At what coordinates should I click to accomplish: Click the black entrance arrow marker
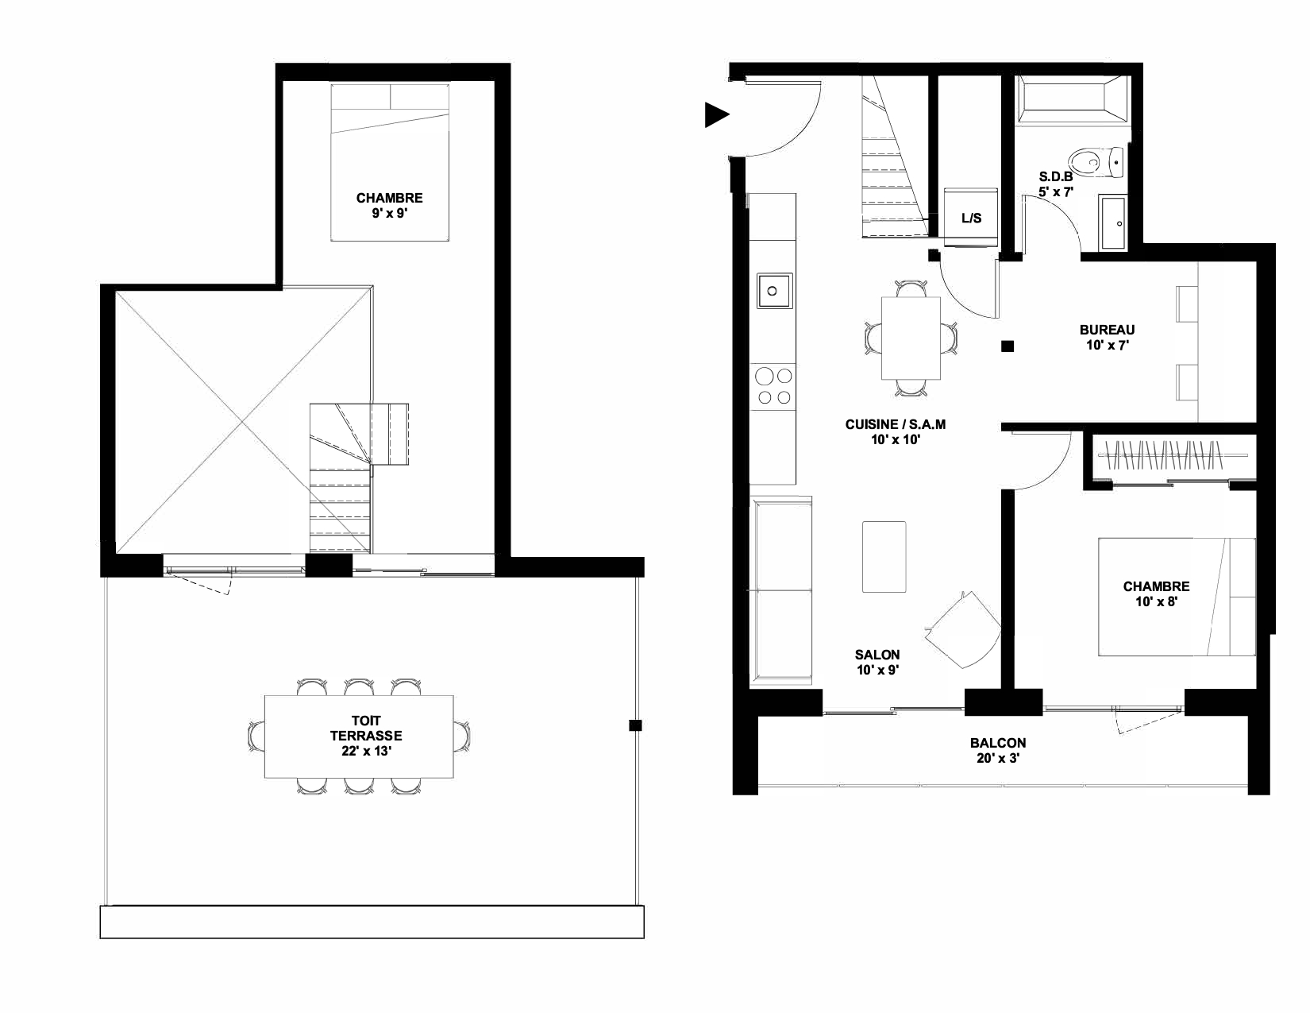[x=715, y=114]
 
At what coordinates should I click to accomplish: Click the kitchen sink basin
[x=774, y=291]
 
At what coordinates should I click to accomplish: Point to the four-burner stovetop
[x=774, y=386]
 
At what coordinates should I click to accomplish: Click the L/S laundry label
[x=971, y=218]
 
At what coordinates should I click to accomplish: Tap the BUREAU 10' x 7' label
[x=1107, y=337]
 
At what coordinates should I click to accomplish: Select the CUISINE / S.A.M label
[x=896, y=424]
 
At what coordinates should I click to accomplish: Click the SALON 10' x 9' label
[x=877, y=662]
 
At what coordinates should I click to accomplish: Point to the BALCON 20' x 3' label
[x=998, y=751]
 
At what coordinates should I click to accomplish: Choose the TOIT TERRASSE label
[x=366, y=729]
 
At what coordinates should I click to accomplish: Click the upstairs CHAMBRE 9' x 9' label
[x=390, y=205]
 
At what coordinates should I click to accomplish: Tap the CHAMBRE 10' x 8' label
[x=1156, y=593]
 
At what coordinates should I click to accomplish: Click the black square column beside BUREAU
[x=1008, y=346]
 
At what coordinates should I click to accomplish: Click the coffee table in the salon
[x=884, y=557]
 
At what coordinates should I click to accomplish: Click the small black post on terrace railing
[x=635, y=725]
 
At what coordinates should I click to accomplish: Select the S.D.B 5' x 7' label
[x=1056, y=184]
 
